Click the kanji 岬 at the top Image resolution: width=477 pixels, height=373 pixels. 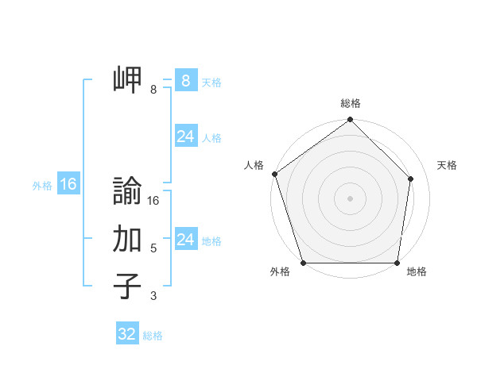coord(127,79)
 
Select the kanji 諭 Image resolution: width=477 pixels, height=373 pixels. coord(127,191)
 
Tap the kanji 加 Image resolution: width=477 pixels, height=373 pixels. coord(127,239)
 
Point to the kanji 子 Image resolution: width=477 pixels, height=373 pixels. coord(127,286)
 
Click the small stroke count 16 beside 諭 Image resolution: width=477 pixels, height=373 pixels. coord(153,201)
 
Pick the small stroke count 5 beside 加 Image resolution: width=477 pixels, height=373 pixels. coord(153,248)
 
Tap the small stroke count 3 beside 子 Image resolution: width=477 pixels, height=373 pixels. coord(153,296)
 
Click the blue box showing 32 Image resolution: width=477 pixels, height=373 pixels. coord(127,334)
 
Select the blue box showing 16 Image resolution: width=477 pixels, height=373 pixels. coord(68,184)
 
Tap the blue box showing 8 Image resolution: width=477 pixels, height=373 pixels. coord(185,80)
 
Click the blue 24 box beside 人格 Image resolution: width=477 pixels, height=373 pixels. coord(185,137)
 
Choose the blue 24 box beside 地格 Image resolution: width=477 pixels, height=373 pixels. coord(185,240)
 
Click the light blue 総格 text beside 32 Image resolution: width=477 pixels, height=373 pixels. coord(153,336)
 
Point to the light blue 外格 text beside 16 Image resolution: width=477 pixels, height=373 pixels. coord(42,186)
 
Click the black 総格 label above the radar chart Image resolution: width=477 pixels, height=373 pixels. coord(351,104)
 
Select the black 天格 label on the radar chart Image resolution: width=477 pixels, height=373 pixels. coord(447,165)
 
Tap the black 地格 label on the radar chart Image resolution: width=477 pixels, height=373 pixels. coord(417,271)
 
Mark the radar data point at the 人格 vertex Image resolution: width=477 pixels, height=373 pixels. coord(274,174)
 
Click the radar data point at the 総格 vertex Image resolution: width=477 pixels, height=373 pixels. coord(351,120)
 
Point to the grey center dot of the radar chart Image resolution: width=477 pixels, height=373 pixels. coord(351,198)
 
